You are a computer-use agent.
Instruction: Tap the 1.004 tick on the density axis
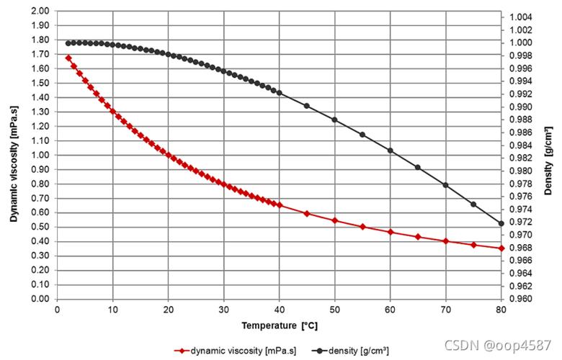click(520, 17)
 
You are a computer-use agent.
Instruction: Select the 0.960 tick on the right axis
click(520, 299)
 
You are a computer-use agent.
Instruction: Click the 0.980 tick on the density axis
click(520, 171)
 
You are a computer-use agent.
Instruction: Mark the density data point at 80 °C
click(501, 223)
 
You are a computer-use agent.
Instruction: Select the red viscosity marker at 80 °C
click(501, 248)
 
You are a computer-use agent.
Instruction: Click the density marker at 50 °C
click(335, 120)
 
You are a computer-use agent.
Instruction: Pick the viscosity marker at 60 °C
click(391, 232)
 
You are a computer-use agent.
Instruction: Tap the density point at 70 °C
click(446, 185)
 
